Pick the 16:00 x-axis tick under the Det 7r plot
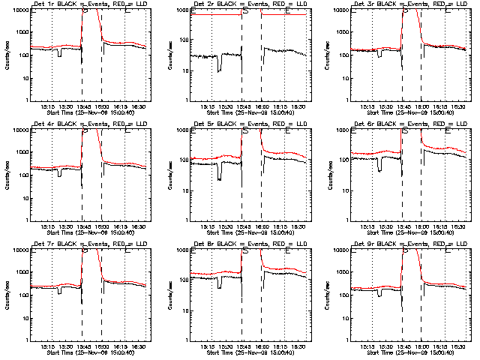pyautogui.click(x=101, y=347)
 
